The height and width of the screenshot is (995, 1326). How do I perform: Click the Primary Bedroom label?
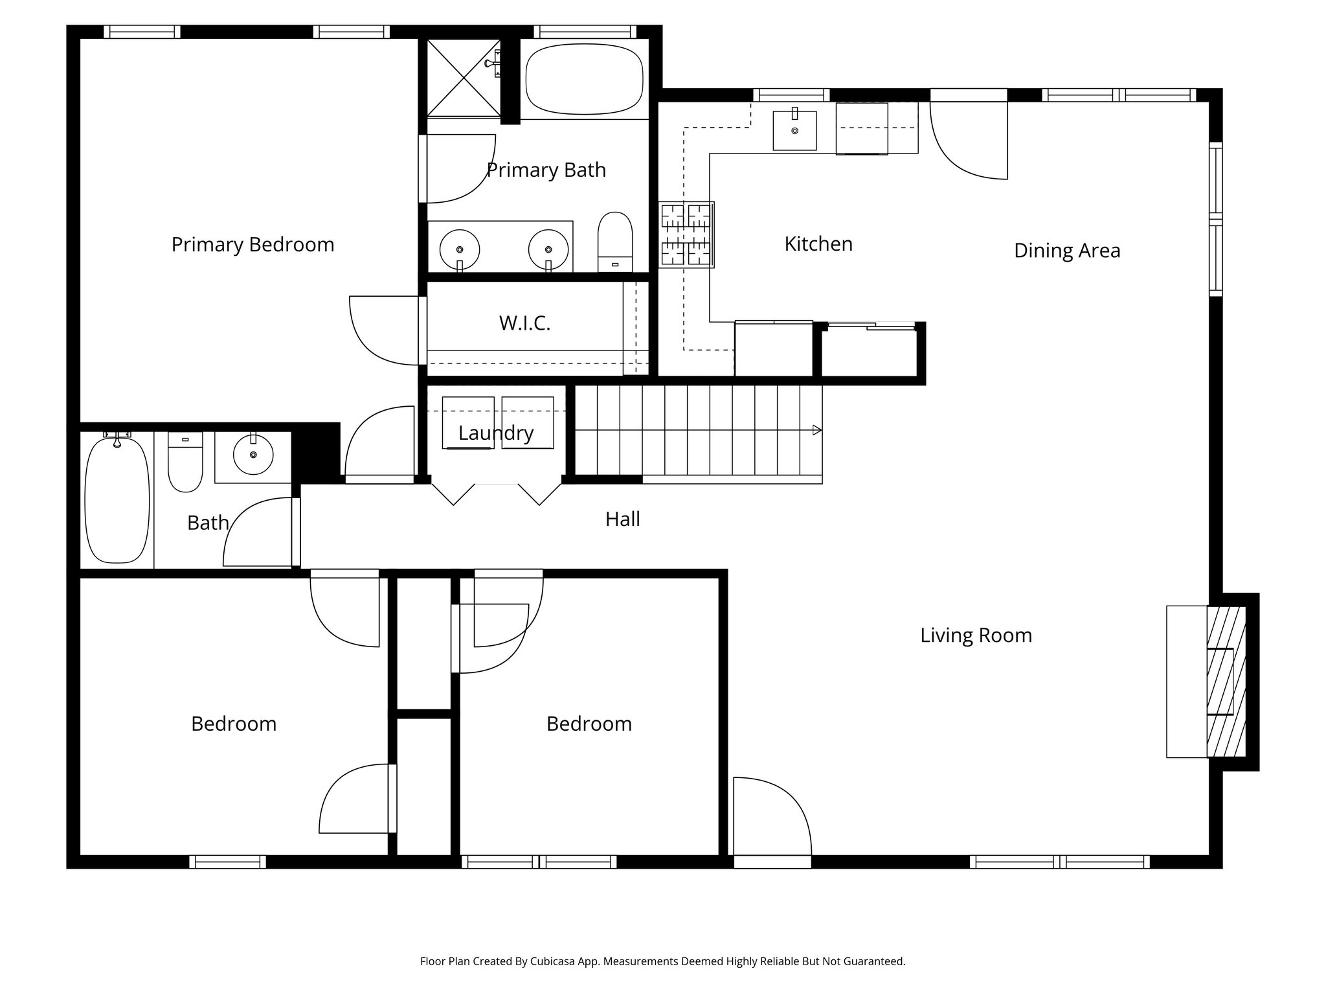click(253, 245)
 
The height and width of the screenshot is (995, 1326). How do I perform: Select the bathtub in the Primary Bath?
click(584, 79)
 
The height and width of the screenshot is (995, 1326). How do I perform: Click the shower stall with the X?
click(464, 78)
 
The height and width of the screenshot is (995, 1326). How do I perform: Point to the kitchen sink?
click(794, 130)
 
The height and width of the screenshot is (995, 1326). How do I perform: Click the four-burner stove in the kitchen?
click(686, 234)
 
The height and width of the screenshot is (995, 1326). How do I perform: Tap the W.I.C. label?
click(524, 323)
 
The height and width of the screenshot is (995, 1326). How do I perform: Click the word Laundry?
click(496, 433)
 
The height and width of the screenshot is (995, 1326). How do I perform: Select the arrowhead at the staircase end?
click(817, 430)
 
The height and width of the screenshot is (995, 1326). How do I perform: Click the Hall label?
click(622, 519)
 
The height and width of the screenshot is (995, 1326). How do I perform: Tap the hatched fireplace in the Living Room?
click(1226, 681)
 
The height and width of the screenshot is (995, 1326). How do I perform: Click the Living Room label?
click(976, 635)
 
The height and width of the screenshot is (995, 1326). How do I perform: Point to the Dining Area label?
click(1066, 251)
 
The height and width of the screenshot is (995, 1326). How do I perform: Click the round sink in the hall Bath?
click(253, 455)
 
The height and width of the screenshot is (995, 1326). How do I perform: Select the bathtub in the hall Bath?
click(117, 500)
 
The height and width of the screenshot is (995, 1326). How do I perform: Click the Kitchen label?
click(818, 244)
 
